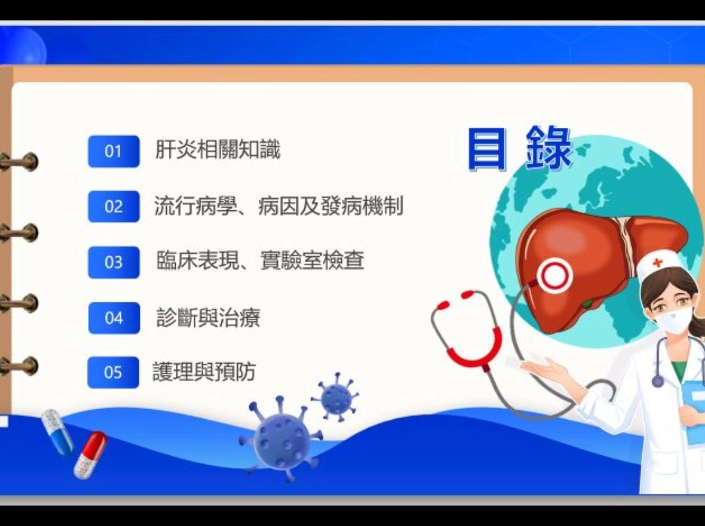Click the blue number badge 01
click(x=113, y=151)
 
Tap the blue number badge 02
click(x=113, y=207)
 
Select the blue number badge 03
click(x=113, y=262)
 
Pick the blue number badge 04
click(x=113, y=318)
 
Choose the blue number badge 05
click(x=113, y=372)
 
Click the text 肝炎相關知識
click(x=217, y=150)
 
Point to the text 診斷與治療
click(x=208, y=318)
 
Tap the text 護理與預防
click(x=204, y=371)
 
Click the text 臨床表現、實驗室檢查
click(x=260, y=260)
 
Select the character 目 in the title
click(x=486, y=150)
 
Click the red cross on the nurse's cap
click(x=657, y=263)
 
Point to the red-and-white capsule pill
click(x=89, y=454)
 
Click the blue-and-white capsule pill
click(x=58, y=431)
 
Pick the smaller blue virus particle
click(x=336, y=396)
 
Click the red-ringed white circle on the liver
click(x=554, y=275)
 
